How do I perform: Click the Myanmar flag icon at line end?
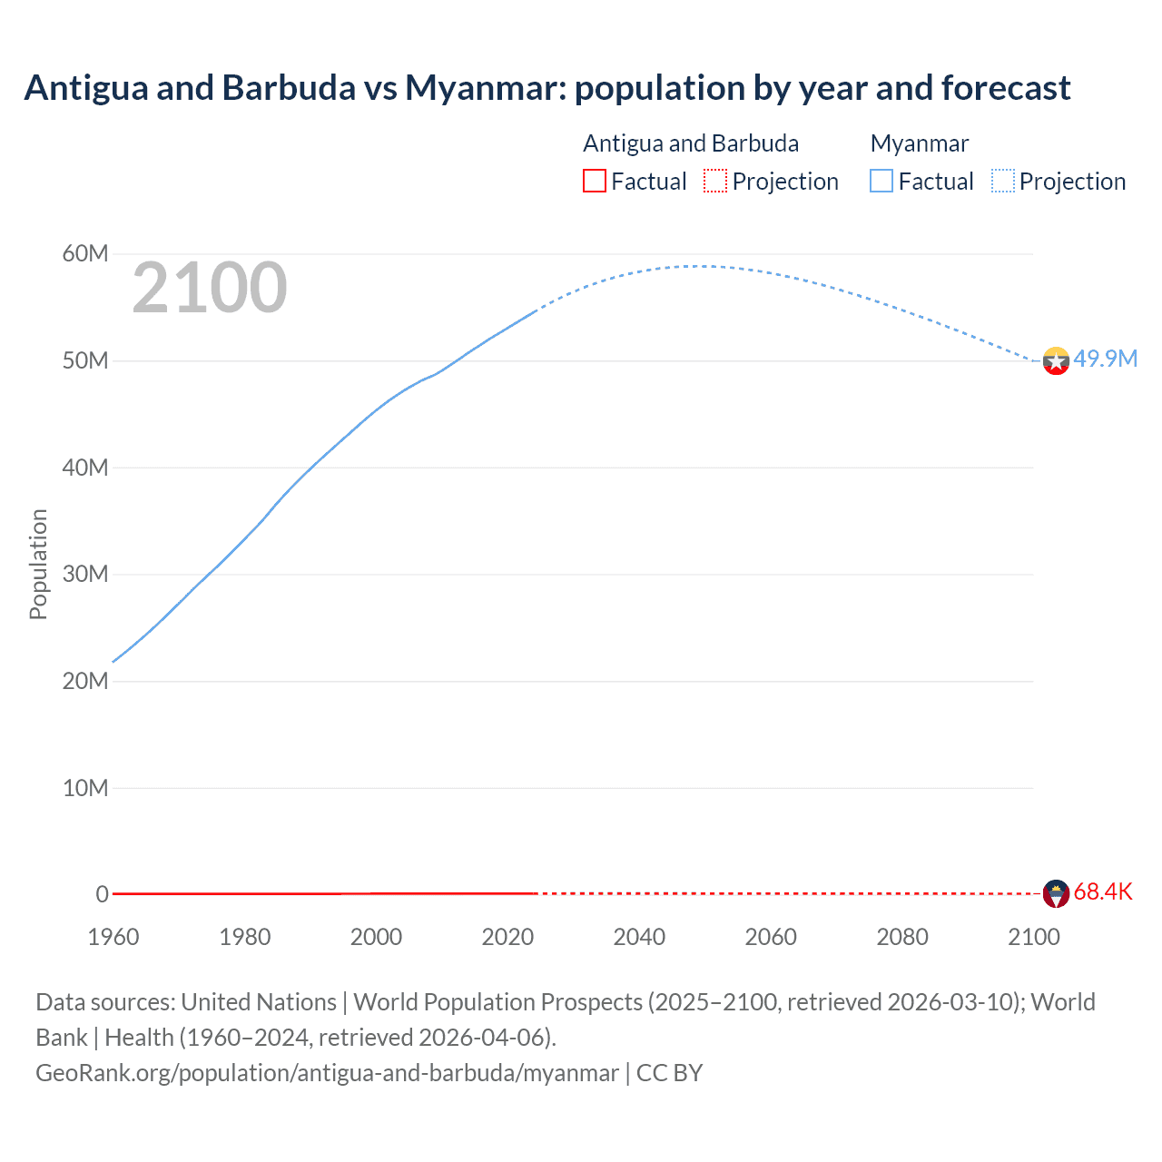[x=1056, y=361]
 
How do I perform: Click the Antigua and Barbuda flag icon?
[x=1056, y=893]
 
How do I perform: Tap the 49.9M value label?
[x=1105, y=359]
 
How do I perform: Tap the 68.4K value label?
[x=1103, y=891]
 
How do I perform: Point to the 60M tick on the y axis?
[x=85, y=253]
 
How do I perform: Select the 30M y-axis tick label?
[x=85, y=574]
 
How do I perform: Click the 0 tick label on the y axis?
[x=102, y=894]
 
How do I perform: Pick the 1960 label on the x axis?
[x=113, y=937]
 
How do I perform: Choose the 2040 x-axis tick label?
[x=639, y=937]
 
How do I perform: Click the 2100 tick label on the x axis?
[x=1033, y=937]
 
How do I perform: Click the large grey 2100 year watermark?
[x=210, y=288]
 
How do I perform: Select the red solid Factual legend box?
[x=594, y=181]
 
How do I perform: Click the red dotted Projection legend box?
[x=715, y=181]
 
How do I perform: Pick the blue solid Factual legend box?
[x=881, y=181]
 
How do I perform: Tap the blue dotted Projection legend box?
[x=1003, y=181]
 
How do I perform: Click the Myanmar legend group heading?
[x=919, y=143]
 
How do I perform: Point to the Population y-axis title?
[x=38, y=564]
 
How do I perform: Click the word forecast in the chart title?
[x=1005, y=88]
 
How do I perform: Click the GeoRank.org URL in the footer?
[x=327, y=1073]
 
